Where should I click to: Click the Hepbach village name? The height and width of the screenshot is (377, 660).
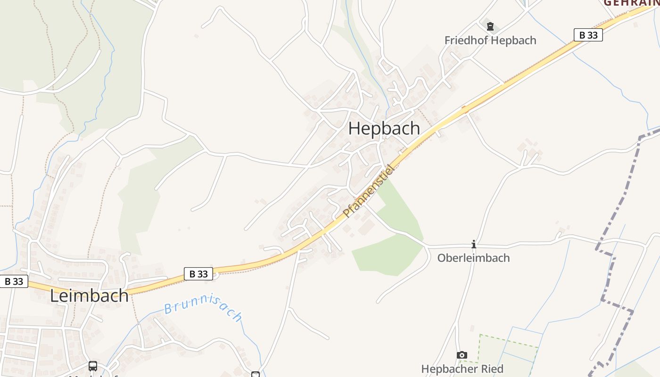pyautogui.click(x=384, y=128)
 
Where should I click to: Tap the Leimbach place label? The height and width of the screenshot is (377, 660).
pyautogui.click(x=89, y=295)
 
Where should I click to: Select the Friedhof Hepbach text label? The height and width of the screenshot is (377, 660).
pyautogui.click(x=490, y=41)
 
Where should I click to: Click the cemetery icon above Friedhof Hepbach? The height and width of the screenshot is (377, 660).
pyautogui.click(x=490, y=26)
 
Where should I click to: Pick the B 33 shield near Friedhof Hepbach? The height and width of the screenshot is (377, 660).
pyautogui.click(x=588, y=35)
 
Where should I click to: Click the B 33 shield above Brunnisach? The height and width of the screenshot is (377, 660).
pyautogui.click(x=198, y=274)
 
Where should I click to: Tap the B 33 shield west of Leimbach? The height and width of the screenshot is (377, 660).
pyautogui.click(x=14, y=281)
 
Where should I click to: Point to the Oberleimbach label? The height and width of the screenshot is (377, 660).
pyautogui.click(x=473, y=258)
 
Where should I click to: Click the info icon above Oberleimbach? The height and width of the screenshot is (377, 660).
pyautogui.click(x=474, y=244)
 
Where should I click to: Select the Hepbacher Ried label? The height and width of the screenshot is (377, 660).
pyautogui.click(x=462, y=369)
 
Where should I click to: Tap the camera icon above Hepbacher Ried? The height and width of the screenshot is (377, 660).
pyautogui.click(x=462, y=355)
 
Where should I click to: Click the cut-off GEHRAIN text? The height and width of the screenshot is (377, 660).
pyautogui.click(x=632, y=3)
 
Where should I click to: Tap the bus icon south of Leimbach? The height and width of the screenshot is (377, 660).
pyautogui.click(x=93, y=366)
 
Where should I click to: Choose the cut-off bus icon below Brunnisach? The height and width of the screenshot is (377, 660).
pyautogui.click(x=256, y=374)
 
